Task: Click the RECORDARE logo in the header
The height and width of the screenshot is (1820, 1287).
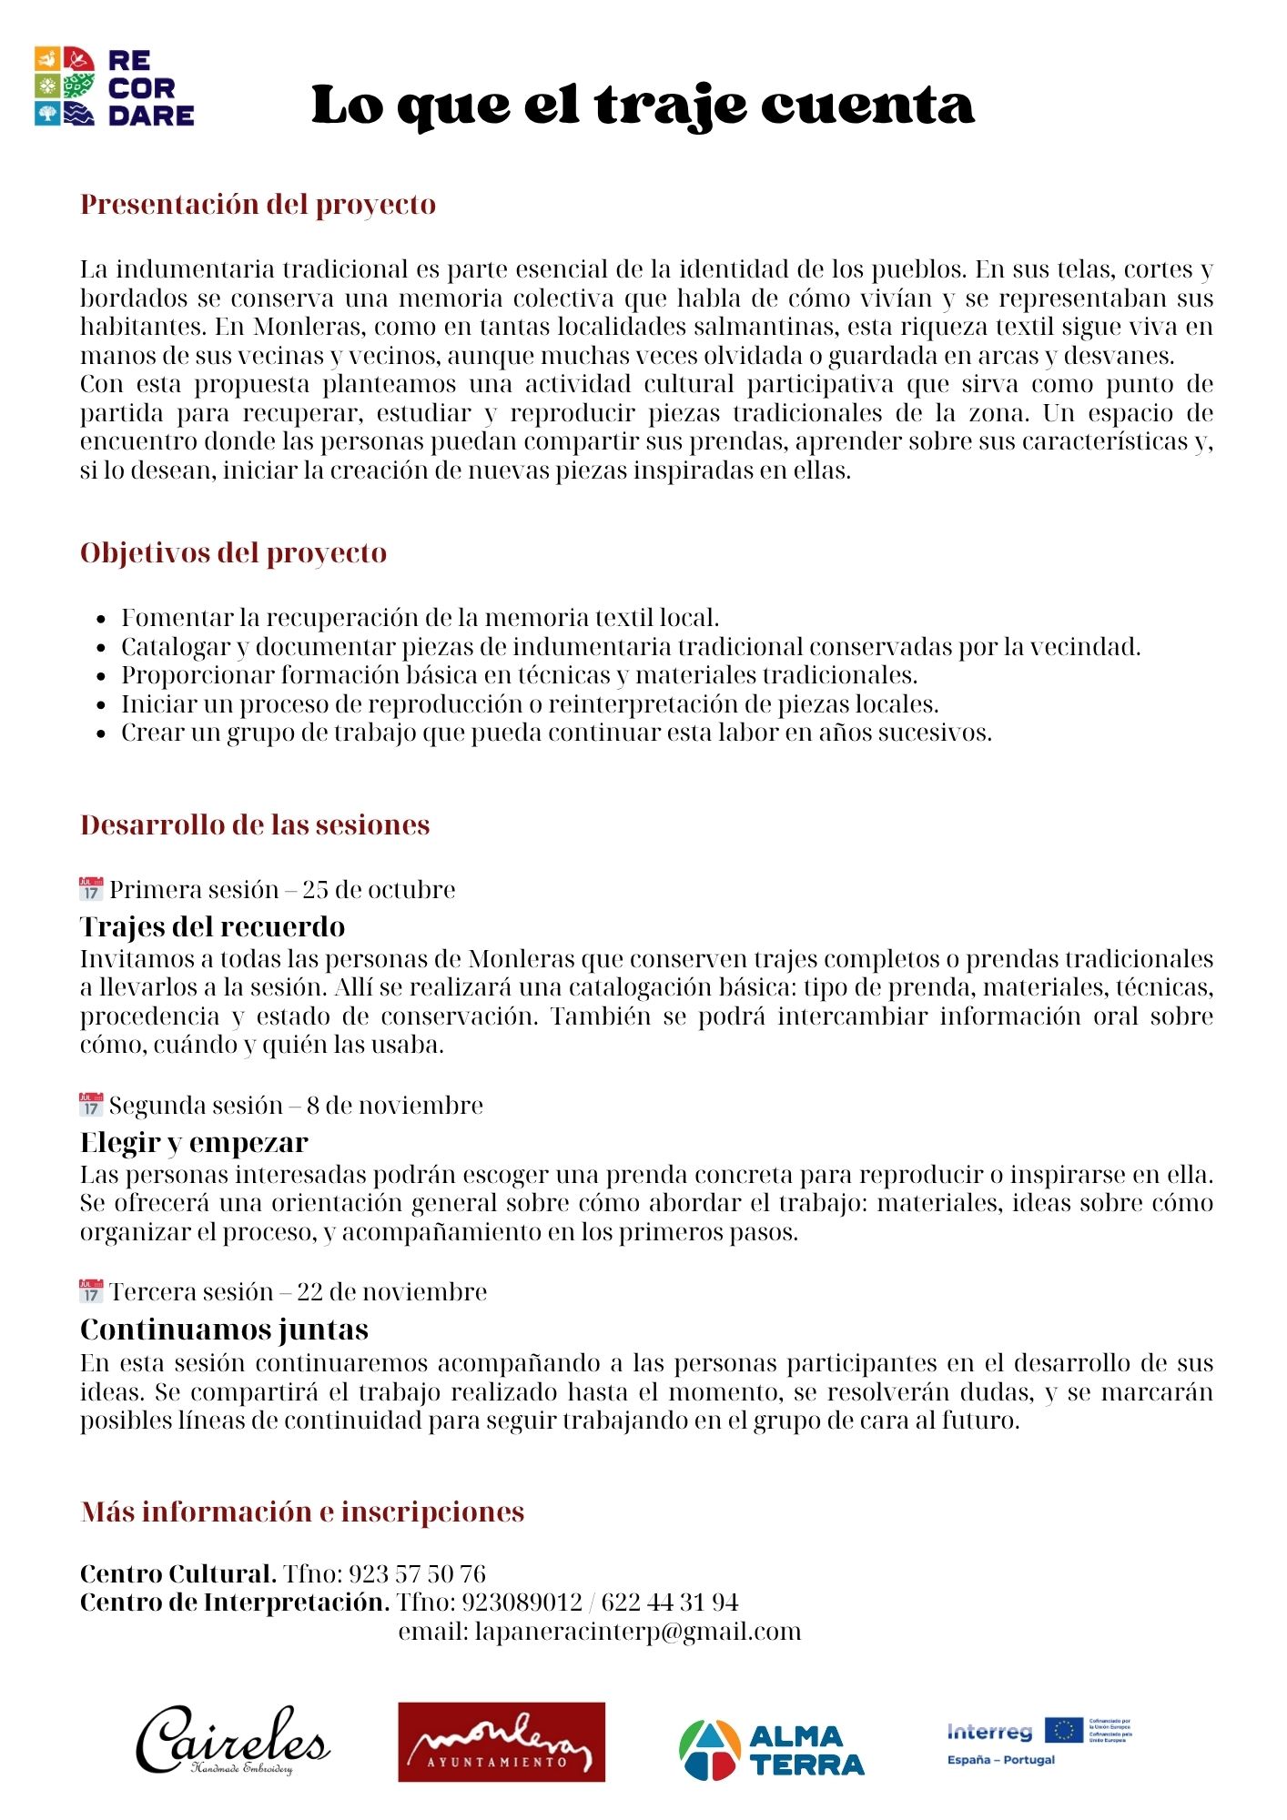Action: pyautogui.click(x=115, y=87)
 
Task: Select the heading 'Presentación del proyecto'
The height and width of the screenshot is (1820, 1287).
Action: pyautogui.click(x=258, y=204)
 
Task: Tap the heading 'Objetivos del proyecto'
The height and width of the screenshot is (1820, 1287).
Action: pyautogui.click(x=233, y=552)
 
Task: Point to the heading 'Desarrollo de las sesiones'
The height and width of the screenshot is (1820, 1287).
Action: pyautogui.click(x=255, y=824)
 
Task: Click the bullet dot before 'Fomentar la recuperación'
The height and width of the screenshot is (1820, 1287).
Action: pyautogui.click(x=101, y=619)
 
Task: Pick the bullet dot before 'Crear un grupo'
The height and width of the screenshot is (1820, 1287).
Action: pyautogui.click(x=101, y=733)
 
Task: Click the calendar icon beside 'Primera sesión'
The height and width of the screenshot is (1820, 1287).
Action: pyautogui.click(x=91, y=888)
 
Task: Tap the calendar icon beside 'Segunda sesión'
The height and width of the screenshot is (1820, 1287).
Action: pyautogui.click(x=91, y=1105)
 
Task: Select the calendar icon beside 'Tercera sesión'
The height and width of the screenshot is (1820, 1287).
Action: pyautogui.click(x=91, y=1291)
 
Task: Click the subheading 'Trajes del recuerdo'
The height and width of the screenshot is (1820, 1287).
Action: pyautogui.click(x=212, y=926)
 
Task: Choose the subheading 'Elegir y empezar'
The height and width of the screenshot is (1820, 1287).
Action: pyautogui.click(x=194, y=1142)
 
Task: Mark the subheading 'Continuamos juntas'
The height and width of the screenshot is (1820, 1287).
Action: pyautogui.click(x=224, y=1330)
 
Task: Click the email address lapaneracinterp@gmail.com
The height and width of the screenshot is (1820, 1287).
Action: pyautogui.click(x=637, y=1632)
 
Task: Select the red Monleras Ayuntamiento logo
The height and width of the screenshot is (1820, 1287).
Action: pyautogui.click(x=502, y=1742)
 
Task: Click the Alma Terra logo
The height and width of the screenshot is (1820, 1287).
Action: pyautogui.click(x=771, y=1749)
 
